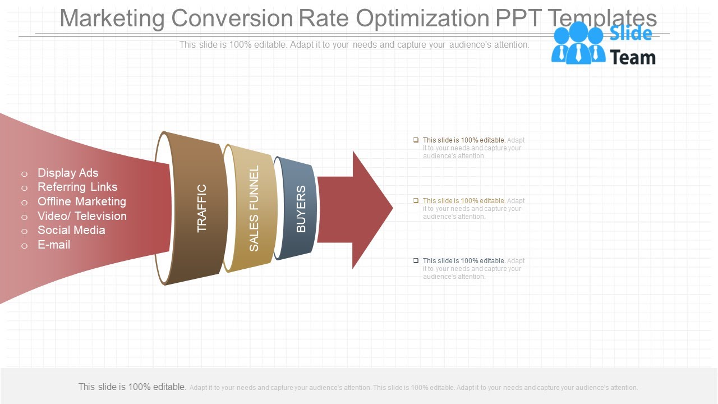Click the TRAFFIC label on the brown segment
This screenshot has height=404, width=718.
202,208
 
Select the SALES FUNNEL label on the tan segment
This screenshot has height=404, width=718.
254,208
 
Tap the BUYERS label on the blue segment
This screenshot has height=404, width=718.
301,209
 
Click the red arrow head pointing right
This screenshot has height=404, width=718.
370,209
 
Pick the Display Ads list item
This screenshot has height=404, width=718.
68,173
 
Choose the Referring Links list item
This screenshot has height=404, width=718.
77,187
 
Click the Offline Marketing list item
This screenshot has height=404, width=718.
82,201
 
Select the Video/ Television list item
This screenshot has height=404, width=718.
82,216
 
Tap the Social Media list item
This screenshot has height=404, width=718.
71,230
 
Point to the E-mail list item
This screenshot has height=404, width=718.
54,245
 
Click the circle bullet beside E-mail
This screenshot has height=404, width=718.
24,246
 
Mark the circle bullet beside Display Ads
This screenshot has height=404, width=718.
24,174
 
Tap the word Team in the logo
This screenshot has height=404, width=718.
632,57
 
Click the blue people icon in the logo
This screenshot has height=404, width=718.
578,43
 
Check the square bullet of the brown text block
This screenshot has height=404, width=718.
416,140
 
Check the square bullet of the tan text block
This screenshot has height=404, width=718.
416,200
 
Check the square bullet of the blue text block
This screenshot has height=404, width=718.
416,260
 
